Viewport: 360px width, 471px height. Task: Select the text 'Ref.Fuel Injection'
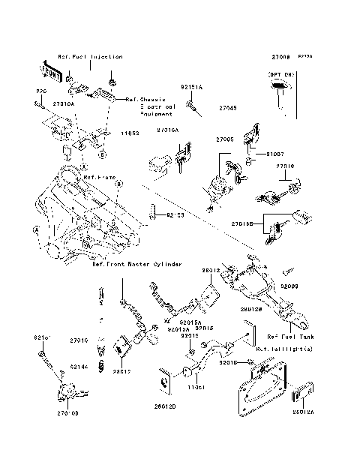point(91,57)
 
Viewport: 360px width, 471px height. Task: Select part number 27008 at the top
point(271,57)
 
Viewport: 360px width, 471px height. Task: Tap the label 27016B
point(242,223)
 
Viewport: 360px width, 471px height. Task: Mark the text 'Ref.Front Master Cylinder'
point(136,264)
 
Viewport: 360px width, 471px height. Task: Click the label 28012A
point(303,412)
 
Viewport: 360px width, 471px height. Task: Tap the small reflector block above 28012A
point(303,391)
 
